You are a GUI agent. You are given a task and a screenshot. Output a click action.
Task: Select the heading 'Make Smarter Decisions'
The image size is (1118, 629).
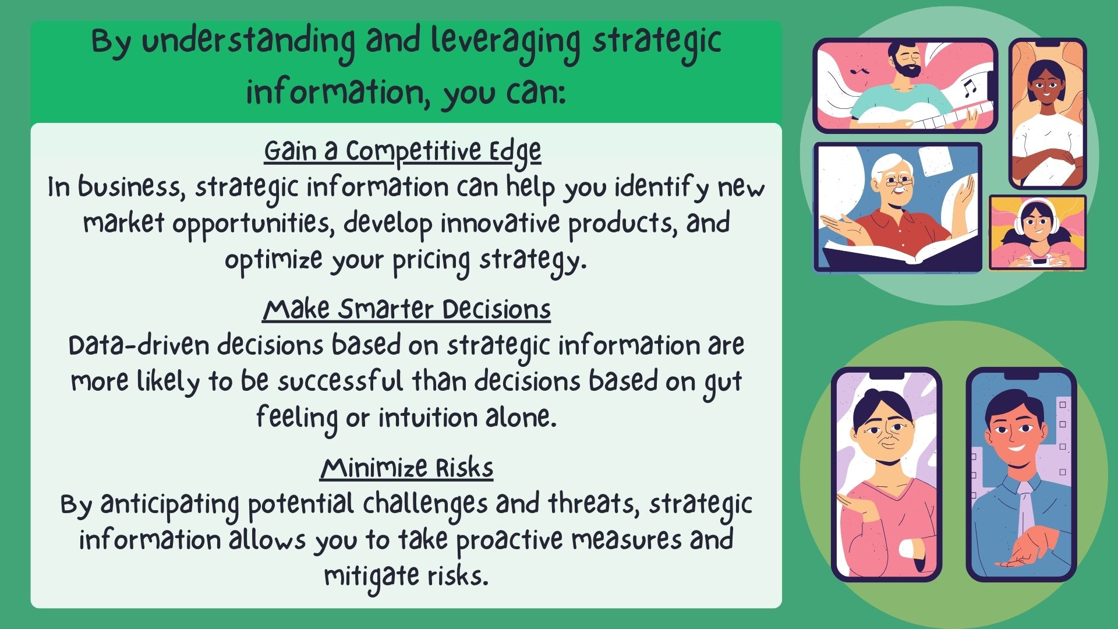pos(406,309)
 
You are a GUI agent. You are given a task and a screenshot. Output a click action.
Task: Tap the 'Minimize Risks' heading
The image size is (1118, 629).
pos(406,468)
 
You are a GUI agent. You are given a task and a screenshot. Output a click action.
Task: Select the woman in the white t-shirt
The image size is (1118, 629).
pos(1046,114)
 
